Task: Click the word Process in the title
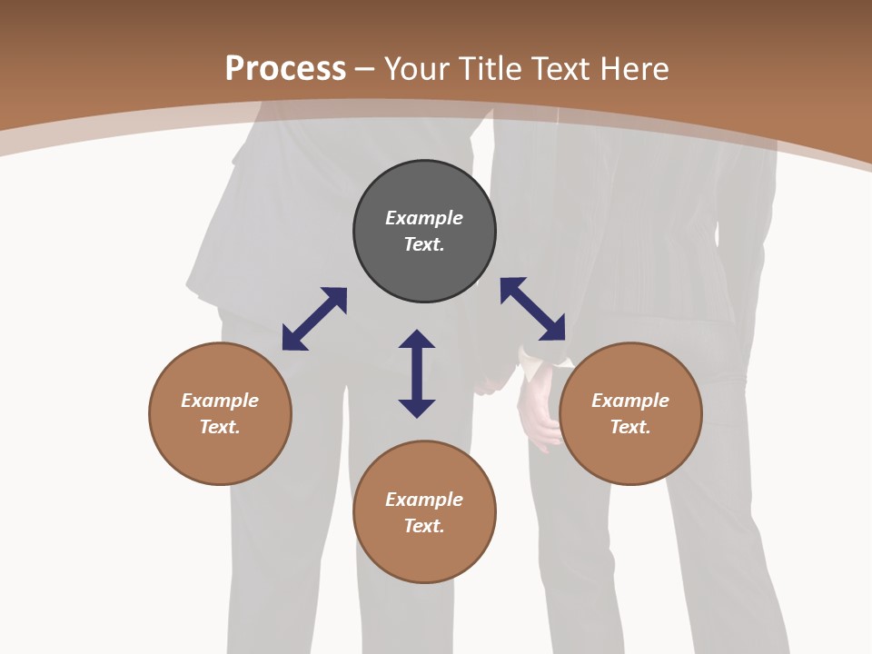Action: pyautogui.click(x=285, y=69)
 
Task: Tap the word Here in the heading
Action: pyautogui.click(x=633, y=69)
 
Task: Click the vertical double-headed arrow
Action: pyautogui.click(x=417, y=373)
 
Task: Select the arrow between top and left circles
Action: pyautogui.click(x=314, y=319)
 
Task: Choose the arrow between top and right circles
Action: pyautogui.click(x=533, y=309)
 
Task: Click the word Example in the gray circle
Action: pyautogui.click(x=424, y=218)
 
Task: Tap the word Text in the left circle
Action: pyautogui.click(x=220, y=427)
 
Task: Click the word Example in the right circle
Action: pyautogui.click(x=630, y=401)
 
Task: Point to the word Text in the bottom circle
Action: pyautogui.click(x=424, y=526)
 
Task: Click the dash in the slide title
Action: pyautogui.click(x=365, y=70)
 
